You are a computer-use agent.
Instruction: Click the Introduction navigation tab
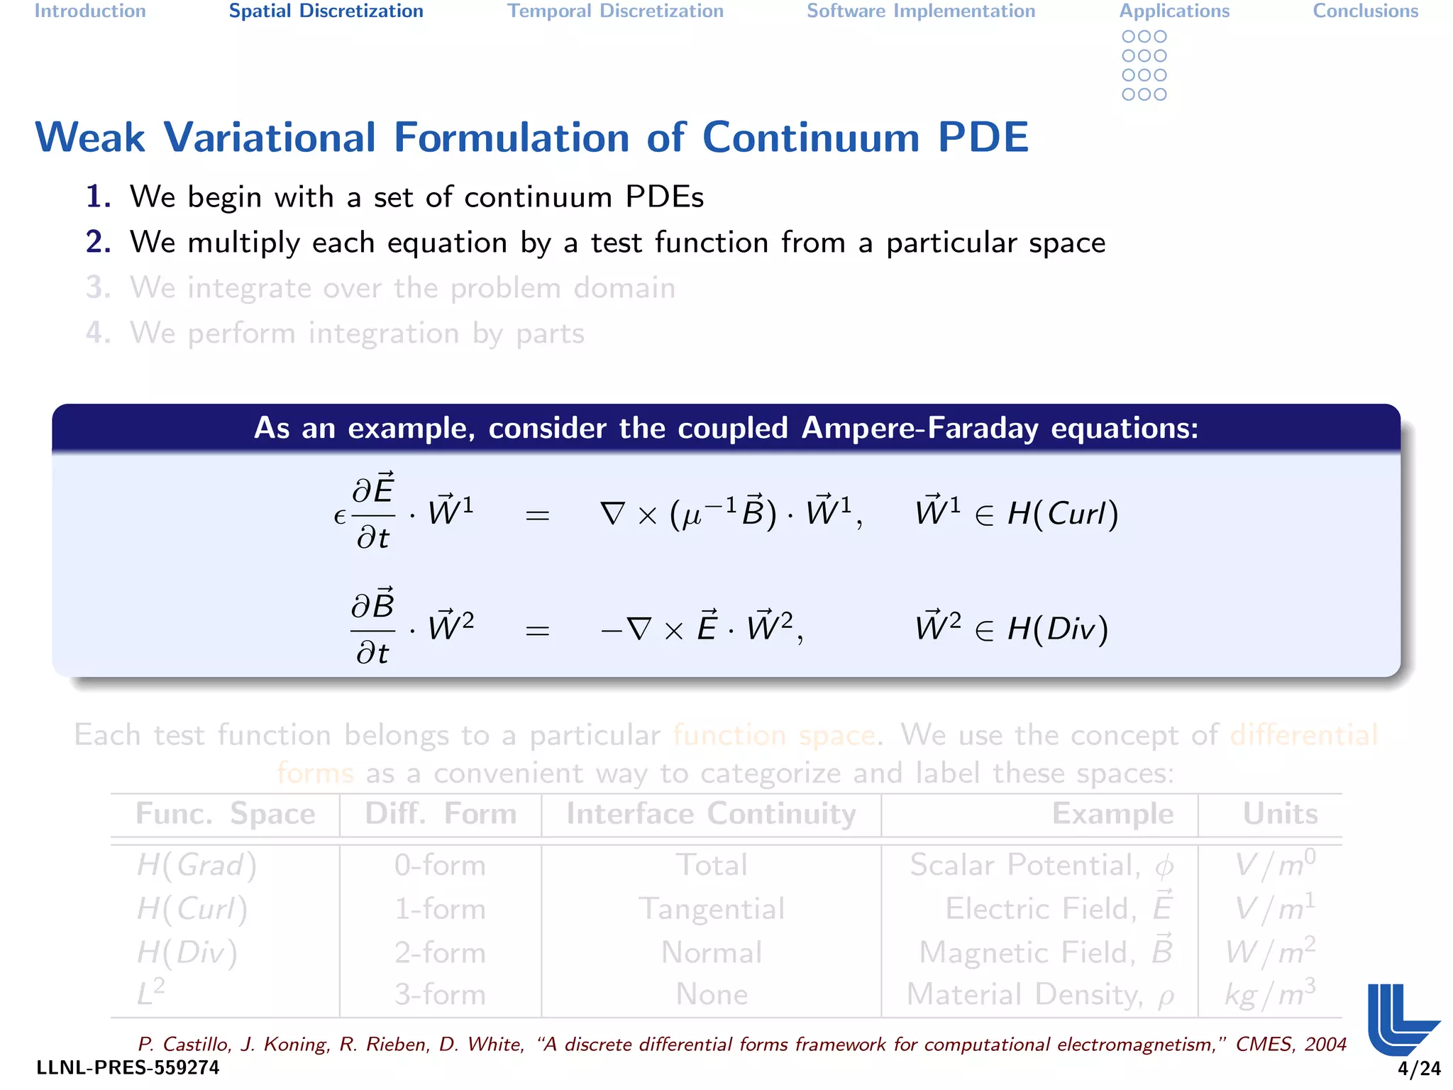point(90,11)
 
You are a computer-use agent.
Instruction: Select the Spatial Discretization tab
point(326,11)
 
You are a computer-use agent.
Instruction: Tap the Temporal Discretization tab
point(615,11)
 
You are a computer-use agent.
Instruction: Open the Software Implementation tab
point(921,11)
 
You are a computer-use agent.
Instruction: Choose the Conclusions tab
point(1365,11)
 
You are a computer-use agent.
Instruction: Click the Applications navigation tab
point(1174,11)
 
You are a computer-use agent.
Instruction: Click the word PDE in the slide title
point(983,137)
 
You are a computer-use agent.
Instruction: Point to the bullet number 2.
point(99,242)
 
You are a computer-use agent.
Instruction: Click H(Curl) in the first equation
point(1063,513)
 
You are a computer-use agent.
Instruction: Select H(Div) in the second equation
point(1058,629)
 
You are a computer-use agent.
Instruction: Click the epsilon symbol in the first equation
point(340,517)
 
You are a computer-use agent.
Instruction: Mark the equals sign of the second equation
point(537,630)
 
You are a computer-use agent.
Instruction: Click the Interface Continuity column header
point(711,814)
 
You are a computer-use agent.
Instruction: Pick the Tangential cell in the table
point(712,909)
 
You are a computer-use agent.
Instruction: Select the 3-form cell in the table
point(440,994)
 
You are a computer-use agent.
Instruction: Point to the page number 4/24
point(1419,1069)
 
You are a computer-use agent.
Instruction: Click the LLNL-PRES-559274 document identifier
point(128,1068)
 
